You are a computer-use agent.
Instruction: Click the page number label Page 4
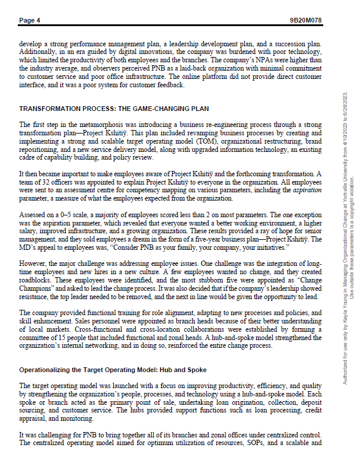coord(30,20)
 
